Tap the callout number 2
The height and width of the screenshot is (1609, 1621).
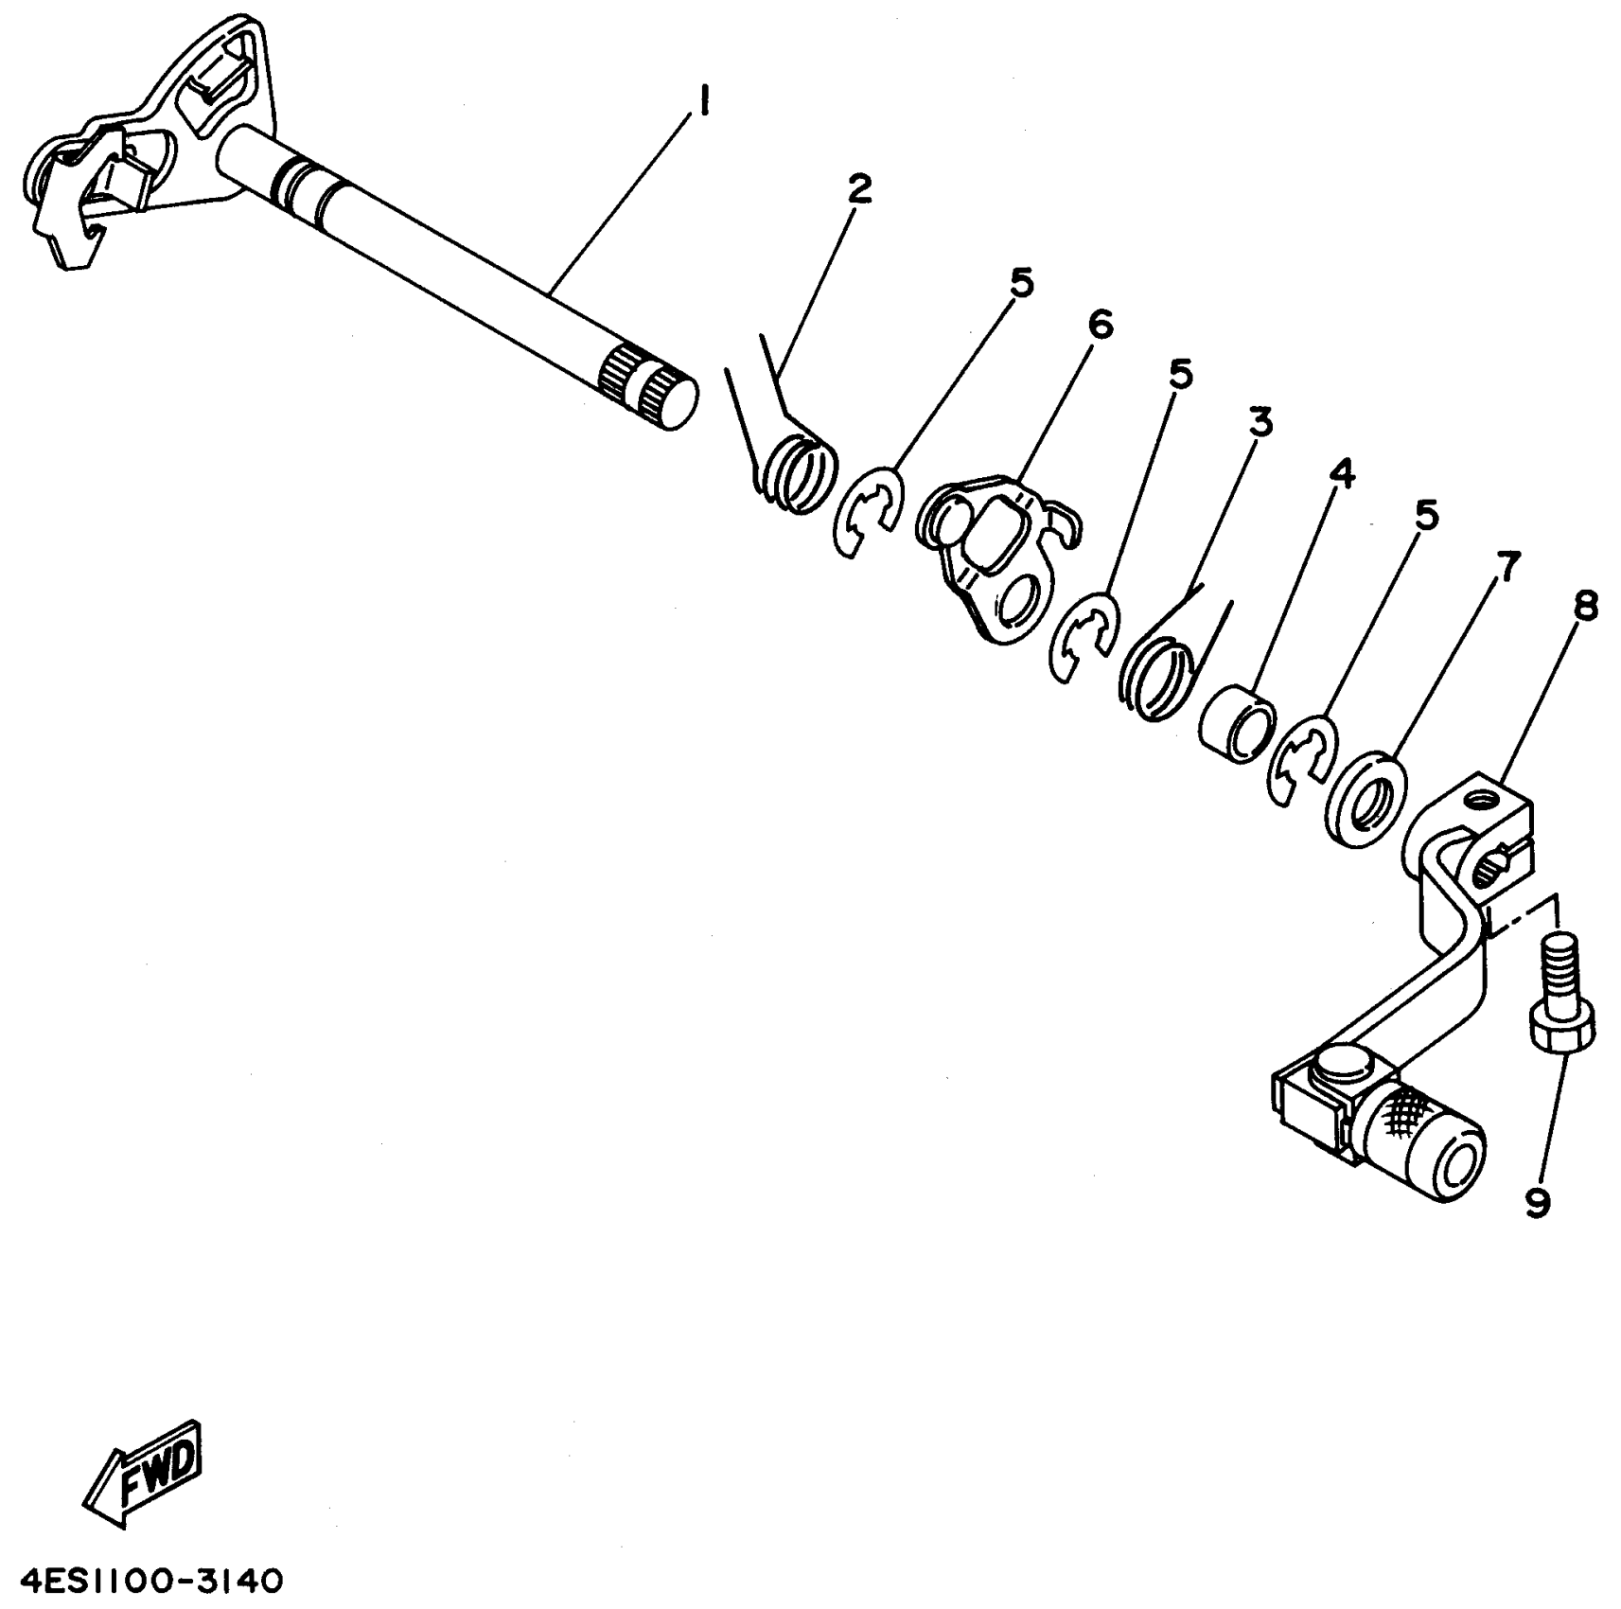[858, 189]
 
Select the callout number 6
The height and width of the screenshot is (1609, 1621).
[1100, 325]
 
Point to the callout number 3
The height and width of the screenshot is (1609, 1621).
[1260, 422]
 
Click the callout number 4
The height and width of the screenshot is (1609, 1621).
[1341, 472]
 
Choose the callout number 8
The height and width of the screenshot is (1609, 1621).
[1586, 606]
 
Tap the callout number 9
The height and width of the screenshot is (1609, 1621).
[1538, 1201]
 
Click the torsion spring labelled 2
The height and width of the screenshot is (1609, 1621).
[800, 469]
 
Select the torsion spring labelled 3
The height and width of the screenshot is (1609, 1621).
[1154, 672]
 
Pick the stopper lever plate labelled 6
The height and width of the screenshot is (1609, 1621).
[994, 558]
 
